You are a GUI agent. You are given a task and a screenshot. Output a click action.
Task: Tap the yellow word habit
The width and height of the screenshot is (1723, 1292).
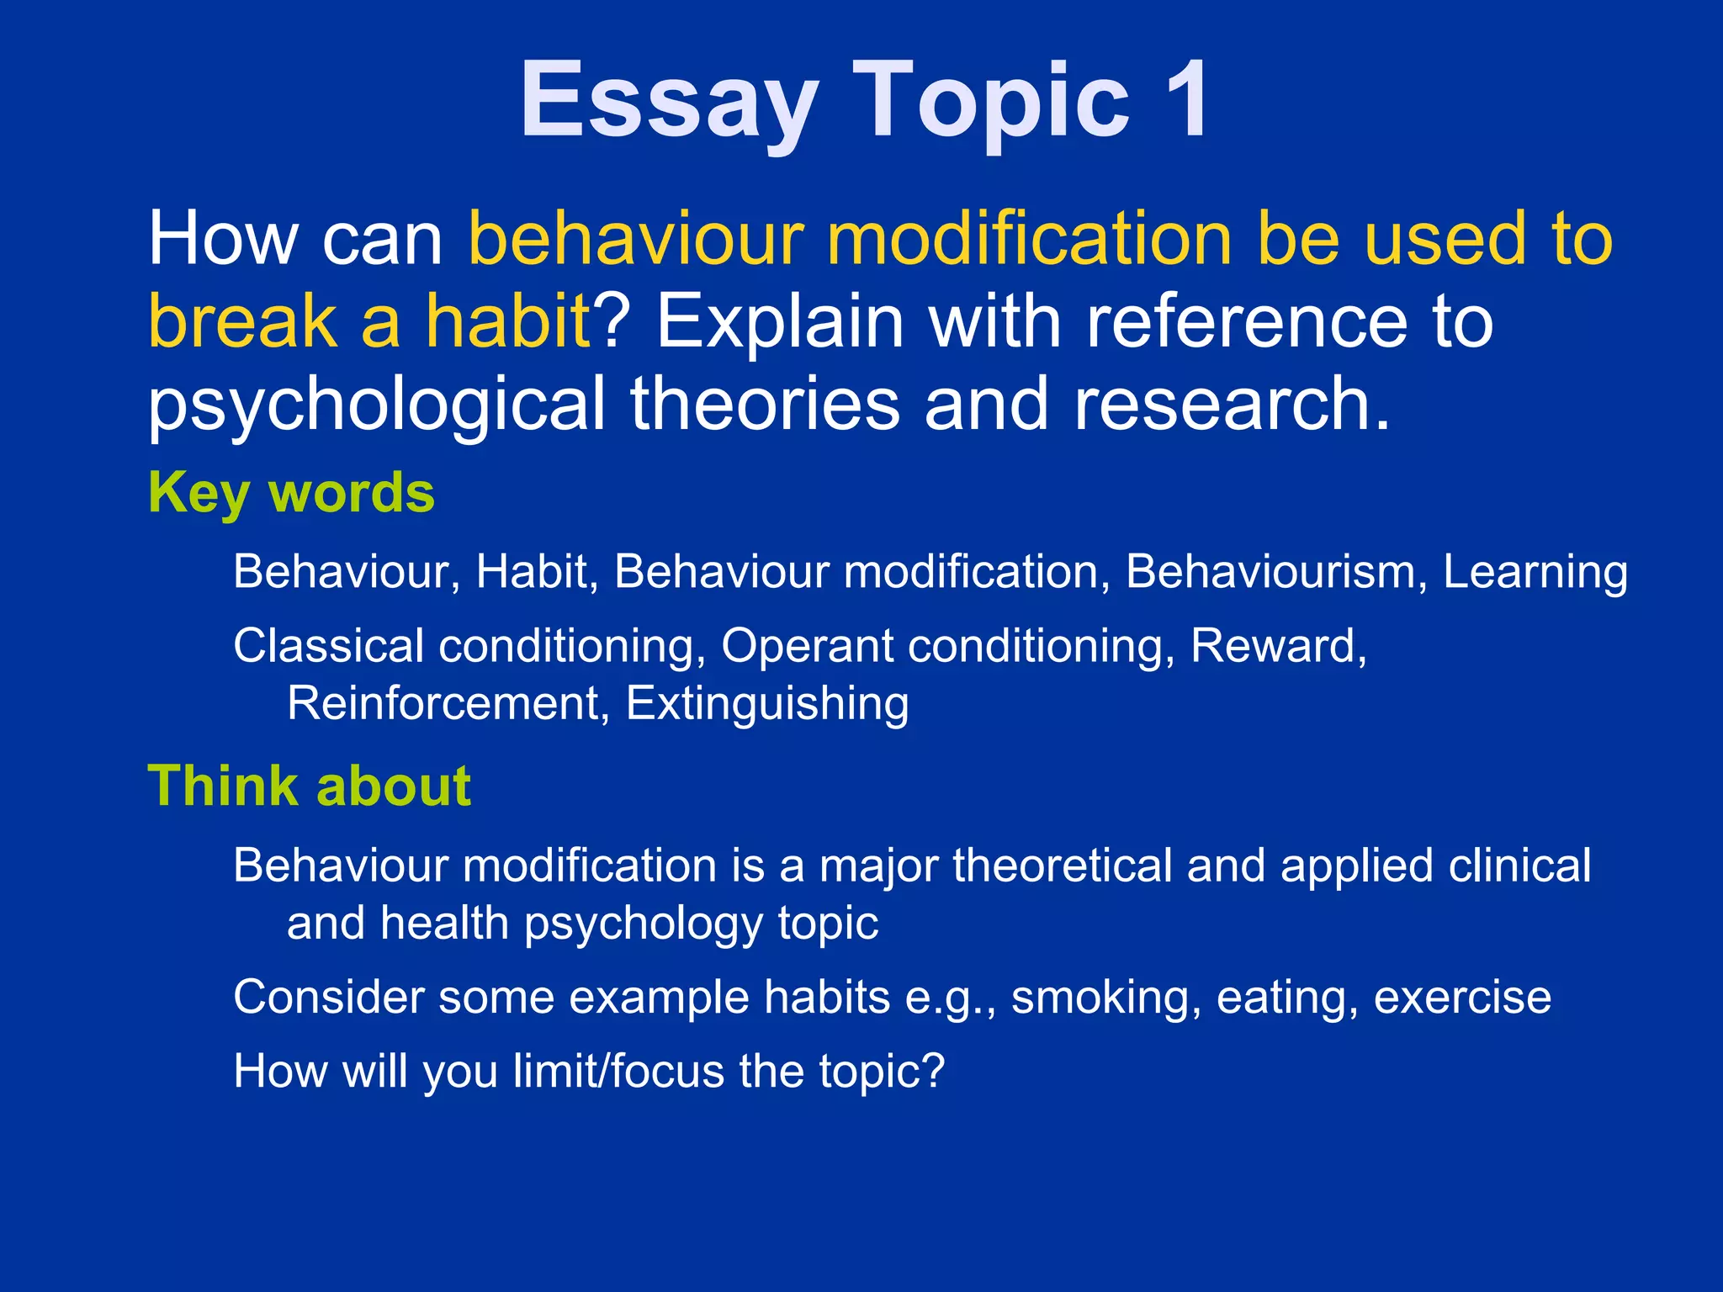[x=508, y=321]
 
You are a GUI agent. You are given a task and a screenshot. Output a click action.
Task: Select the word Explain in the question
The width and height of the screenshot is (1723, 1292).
[x=779, y=323]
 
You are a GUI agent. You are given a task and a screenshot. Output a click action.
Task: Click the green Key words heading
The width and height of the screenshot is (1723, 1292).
[x=291, y=492]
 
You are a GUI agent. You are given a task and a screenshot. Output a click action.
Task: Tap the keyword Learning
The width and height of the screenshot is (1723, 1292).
[x=1535, y=572]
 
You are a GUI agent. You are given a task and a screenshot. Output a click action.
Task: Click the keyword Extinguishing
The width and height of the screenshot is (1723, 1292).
[x=766, y=703]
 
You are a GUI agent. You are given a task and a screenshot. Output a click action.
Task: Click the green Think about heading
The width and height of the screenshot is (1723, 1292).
[x=309, y=786]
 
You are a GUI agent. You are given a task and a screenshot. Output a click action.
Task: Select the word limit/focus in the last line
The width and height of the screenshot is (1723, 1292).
[x=618, y=1072]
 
